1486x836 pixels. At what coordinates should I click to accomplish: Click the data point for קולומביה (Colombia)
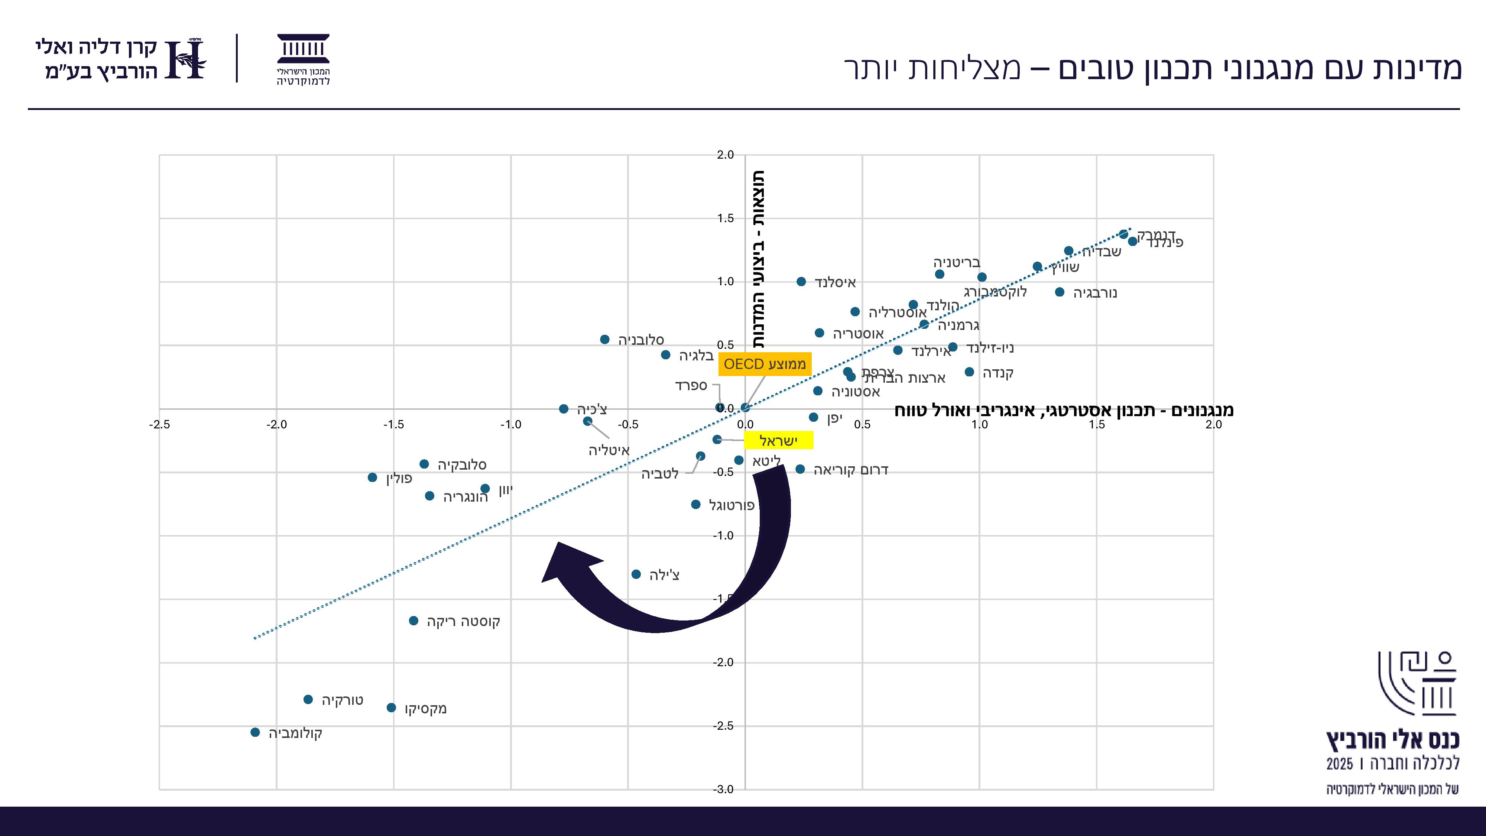coord(255,732)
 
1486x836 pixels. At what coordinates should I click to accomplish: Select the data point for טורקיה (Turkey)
coord(308,699)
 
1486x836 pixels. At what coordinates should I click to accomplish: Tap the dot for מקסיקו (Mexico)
coord(391,707)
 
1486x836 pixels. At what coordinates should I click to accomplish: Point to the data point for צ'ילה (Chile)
coord(636,574)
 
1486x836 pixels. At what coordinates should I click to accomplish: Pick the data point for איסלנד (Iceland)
coord(801,282)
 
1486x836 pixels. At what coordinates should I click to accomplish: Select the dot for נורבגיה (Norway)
coord(1060,292)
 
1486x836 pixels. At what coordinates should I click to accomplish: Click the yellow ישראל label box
coord(778,441)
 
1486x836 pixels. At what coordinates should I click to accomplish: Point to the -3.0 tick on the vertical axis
coord(723,789)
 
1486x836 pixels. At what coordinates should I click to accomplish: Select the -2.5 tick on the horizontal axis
coord(160,425)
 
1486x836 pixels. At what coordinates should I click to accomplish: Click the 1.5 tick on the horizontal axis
coord(1097,425)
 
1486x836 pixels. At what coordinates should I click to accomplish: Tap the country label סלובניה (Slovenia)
coord(641,340)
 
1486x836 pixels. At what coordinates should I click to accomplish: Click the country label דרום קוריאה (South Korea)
coord(850,470)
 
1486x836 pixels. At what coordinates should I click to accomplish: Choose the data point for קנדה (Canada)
coord(969,372)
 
